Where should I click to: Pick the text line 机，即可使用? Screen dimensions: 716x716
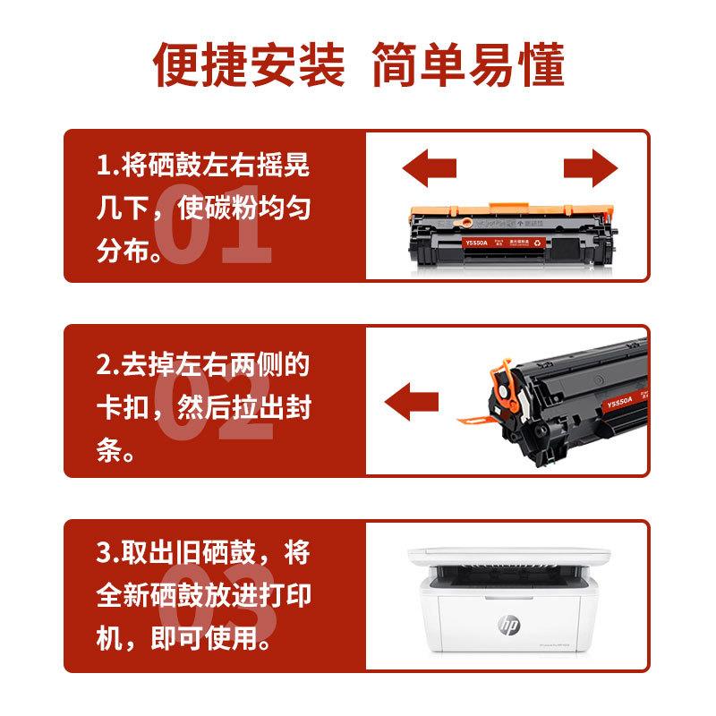click(184, 638)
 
